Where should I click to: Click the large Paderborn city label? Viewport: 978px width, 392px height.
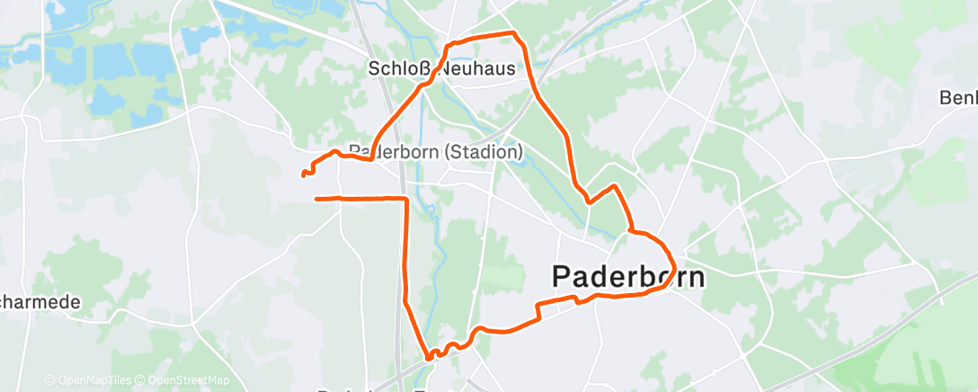627,276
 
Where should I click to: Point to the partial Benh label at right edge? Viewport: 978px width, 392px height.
958,97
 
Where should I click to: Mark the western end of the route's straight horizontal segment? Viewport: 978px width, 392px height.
316,198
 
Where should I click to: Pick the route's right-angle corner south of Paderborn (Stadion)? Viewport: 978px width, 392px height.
405,198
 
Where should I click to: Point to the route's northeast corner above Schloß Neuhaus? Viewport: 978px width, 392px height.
514,34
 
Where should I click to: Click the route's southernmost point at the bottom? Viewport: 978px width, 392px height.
430,358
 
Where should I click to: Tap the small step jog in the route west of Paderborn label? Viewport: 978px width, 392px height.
538,311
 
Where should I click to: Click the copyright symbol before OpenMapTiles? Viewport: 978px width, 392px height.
49,380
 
